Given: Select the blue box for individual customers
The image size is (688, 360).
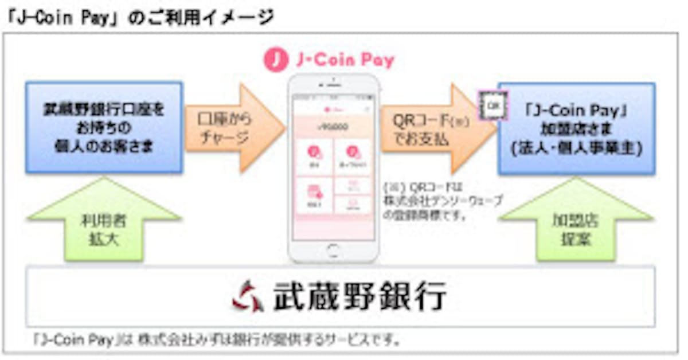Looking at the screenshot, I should click(104, 127).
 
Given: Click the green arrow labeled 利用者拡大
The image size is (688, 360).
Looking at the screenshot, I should click(104, 221).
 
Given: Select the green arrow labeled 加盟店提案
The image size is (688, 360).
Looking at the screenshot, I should click(576, 221).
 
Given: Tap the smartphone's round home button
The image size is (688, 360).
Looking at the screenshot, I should click(333, 251).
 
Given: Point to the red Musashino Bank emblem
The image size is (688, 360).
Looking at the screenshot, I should click(248, 296).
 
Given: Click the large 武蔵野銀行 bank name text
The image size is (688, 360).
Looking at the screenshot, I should click(359, 296).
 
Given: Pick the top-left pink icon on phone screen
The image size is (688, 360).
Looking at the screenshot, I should click(314, 154).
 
